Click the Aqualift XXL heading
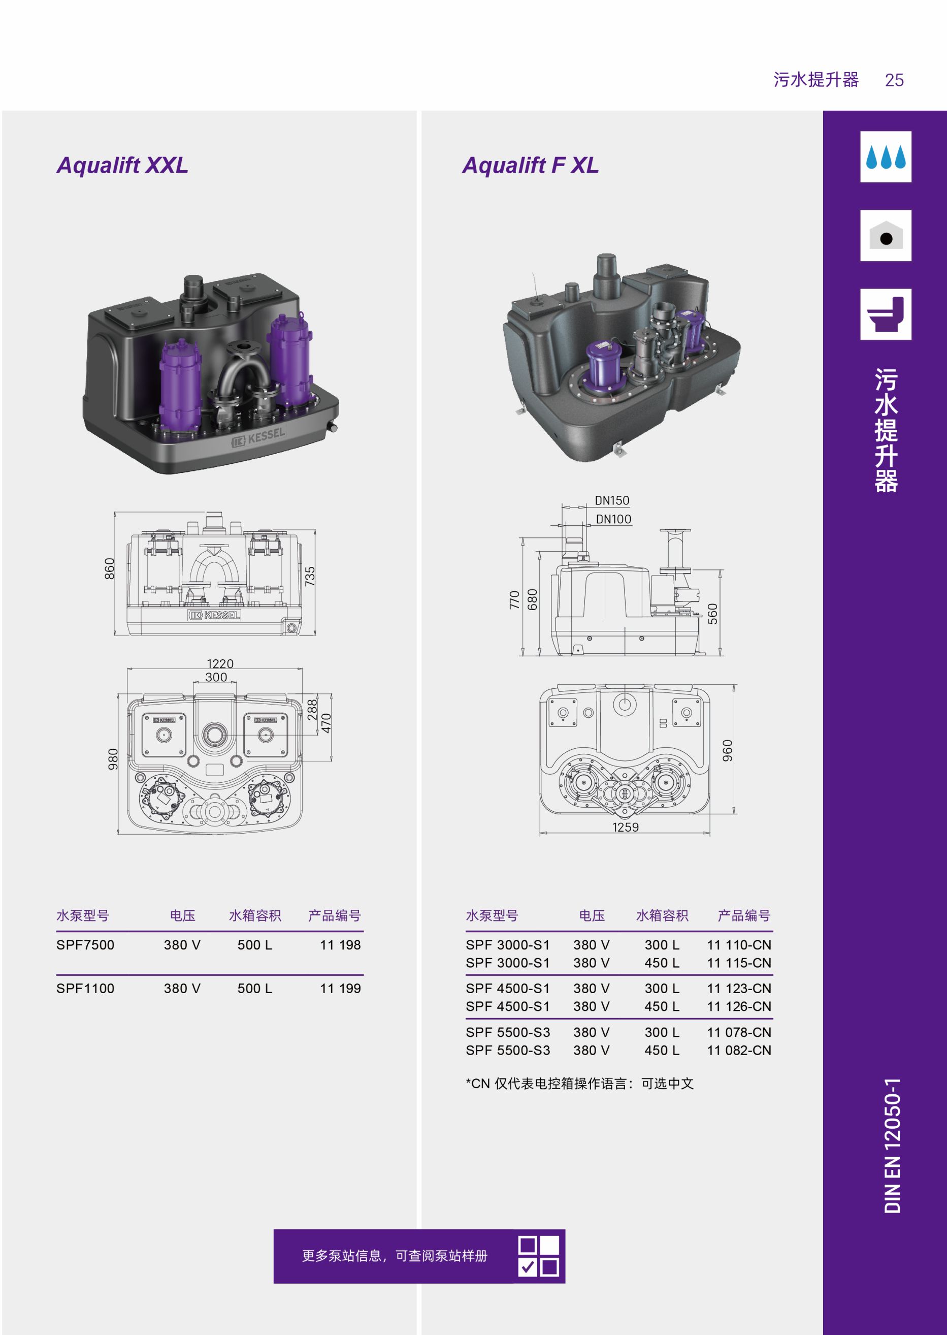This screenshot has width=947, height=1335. [122, 166]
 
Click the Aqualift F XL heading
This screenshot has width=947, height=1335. [531, 166]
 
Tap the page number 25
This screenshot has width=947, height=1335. [894, 80]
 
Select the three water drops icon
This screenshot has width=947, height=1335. [886, 156]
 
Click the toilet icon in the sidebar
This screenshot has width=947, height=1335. [886, 314]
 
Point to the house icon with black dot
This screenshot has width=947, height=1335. [886, 236]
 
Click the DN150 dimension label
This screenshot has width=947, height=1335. [612, 500]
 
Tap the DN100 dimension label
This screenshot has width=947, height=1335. [613, 519]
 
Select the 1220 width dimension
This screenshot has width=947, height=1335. [220, 664]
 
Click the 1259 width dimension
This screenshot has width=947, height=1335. [625, 827]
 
